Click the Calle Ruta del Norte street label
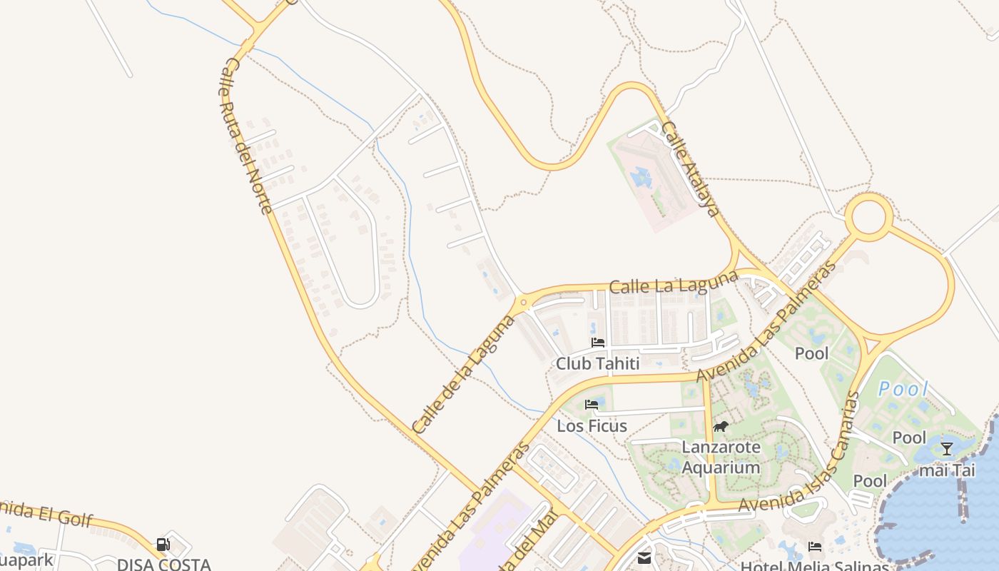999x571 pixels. click(245, 136)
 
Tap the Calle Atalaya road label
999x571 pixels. click(689, 168)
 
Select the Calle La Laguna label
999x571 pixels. click(674, 282)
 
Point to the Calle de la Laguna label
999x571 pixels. click(464, 373)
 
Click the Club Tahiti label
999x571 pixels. click(597, 363)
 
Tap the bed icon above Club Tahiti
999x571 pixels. click(598, 343)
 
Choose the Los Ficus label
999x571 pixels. click(592, 426)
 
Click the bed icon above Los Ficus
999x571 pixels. click(592, 405)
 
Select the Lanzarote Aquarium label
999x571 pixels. click(721, 458)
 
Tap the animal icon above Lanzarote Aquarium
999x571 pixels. click(721, 427)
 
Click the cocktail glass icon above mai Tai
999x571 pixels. click(946, 449)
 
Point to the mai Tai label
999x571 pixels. click(946, 470)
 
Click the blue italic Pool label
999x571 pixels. click(903, 390)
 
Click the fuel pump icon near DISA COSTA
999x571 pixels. click(163, 545)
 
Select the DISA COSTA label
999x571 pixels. click(164, 564)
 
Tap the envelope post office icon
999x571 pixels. click(644, 557)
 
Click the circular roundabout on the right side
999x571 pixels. click(868, 216)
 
